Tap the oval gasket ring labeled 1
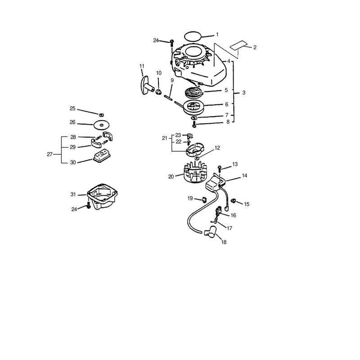pyautogui.click(x=193, y=36)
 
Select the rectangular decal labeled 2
pyautogui.click(x=238, y=45)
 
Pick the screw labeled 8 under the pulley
pyautogui.click(x=194, y=125)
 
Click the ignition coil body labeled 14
pyautogui.click(x=216, y=183)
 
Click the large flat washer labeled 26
pyautogui.click(x=102, y=125)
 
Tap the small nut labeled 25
pyautogui.click(x=101, y=114)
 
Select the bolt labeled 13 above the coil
pyautogui.click(x=220, y=170)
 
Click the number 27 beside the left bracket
pyautogui.click(x=49, y=154)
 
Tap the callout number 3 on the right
pyautogui.click(x=243, y=93)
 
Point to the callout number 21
pyautogui.click(x=165, y=138)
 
